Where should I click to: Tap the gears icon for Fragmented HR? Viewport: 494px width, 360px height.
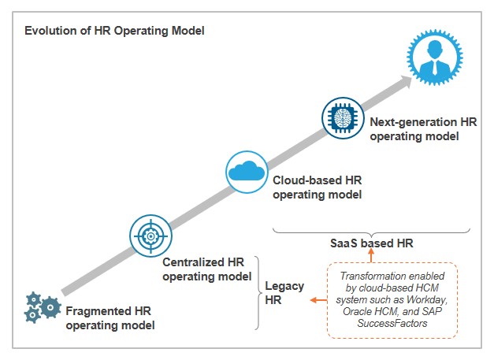tap(42, 306)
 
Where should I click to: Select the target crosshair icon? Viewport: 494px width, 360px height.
tap(149, 234)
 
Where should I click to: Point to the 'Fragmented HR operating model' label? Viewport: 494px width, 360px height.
tap(110, 317)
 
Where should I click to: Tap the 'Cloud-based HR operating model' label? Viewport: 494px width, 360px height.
tap(317, 187)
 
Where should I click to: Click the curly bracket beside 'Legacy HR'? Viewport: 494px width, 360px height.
tap(257, 292)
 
